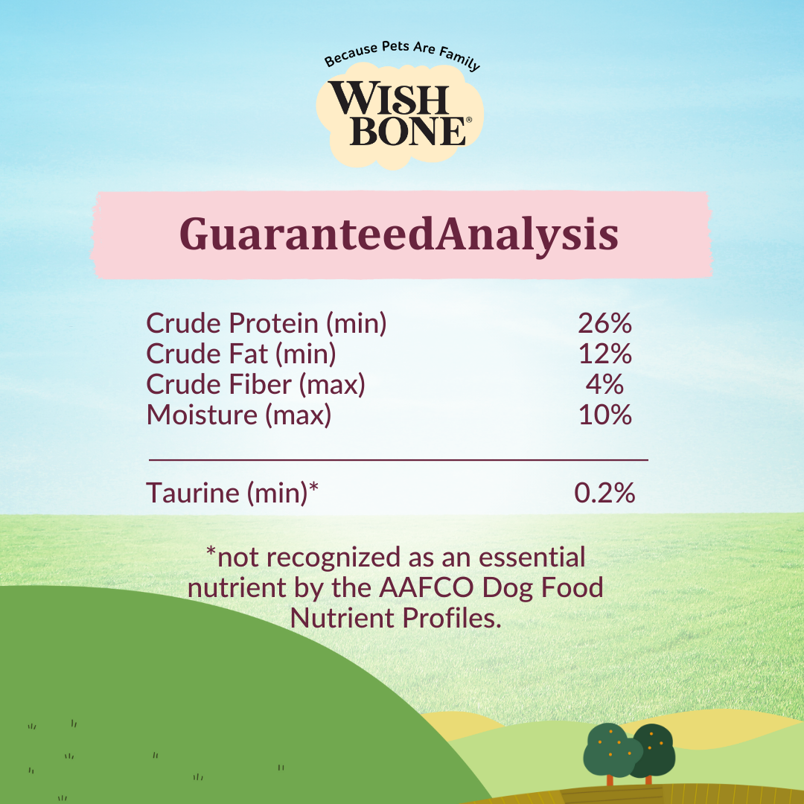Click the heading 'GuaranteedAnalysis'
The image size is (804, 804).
point(399,234)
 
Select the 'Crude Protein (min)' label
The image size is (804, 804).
point(267,324)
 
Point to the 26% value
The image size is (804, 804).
point(604,324)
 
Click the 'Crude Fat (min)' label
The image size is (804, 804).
point(241,354)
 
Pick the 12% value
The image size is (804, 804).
point(604,354)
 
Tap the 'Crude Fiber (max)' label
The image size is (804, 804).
point(256,384)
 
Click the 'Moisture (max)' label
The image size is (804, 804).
point(239,415)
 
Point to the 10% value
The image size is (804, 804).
point(604,415)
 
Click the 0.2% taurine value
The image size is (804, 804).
point(604,493)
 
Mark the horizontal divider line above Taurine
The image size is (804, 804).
point(398,461)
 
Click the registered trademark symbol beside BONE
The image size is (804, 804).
point(468,120)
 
